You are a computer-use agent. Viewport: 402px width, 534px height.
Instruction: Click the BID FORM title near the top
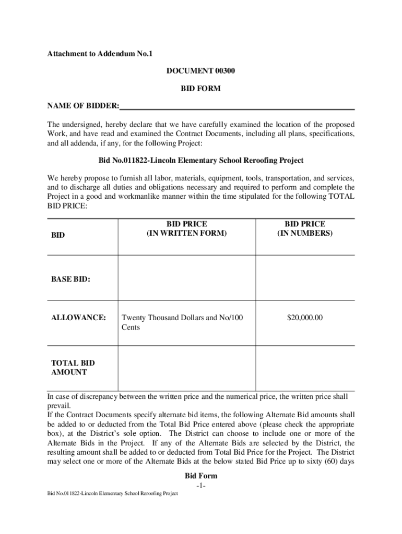[201, 89]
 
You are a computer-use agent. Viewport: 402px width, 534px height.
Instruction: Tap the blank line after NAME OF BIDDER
[237, 107]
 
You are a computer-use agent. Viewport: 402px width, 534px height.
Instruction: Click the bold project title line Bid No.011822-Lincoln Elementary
[201, 161]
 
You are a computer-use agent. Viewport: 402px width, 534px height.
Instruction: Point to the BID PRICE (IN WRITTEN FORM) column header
[187, 229]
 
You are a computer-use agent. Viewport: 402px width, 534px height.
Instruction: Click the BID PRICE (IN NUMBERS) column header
[304, 229]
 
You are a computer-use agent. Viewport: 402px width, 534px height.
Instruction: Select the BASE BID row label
[70, 280]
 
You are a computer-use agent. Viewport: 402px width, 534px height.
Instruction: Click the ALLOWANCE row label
[78, 317]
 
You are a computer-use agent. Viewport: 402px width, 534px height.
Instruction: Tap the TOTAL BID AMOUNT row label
[73, 368]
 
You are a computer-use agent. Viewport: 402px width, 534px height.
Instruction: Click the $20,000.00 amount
[305, 317]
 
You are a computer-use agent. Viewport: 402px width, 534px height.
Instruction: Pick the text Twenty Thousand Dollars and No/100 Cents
[181, 322]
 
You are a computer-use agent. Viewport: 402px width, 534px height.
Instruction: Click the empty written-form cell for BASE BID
[187, 278]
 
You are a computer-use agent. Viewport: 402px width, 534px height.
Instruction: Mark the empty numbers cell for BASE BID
[305, 278]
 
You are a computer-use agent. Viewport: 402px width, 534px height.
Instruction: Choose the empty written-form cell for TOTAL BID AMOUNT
[187, 368]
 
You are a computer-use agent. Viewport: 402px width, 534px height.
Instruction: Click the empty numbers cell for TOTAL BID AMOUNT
[305, 368]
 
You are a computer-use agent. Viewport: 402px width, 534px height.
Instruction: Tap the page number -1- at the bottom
[202, 486]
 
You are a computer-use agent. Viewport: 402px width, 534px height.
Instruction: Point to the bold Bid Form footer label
[201, 476]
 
